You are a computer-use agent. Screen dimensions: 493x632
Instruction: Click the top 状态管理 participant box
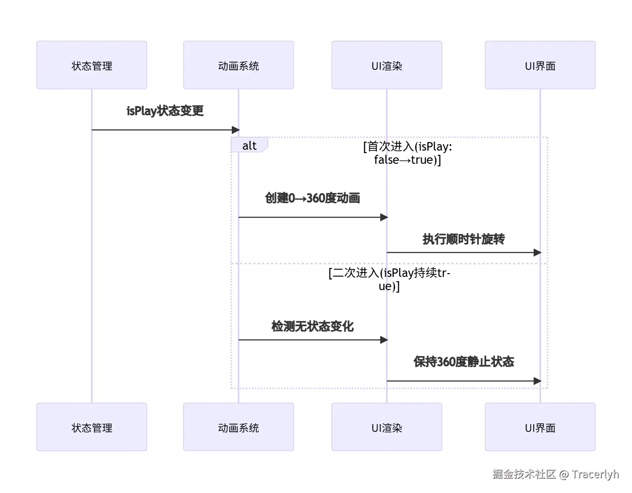pos(91,65)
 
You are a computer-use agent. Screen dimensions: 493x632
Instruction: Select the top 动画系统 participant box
pos(238,65)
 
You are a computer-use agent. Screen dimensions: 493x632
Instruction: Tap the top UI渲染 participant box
pos(387,65)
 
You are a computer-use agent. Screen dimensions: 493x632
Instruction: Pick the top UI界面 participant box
pos(540,65)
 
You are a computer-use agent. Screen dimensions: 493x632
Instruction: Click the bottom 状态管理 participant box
pos(91,427)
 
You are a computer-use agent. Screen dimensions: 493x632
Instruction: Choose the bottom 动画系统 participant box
pos(238,427)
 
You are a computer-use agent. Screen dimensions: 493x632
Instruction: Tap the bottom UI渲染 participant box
pos(387,427)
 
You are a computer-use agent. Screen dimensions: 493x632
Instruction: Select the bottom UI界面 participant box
pos(540,427)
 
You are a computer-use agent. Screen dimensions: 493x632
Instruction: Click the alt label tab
pos(249,145)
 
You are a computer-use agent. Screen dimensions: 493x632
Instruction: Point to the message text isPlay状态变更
pos(165,111)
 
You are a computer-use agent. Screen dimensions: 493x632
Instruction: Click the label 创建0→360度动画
pos(312,198)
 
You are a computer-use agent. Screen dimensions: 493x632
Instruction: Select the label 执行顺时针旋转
pos(463,239)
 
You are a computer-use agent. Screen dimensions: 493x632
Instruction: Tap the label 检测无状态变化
pos(312,326)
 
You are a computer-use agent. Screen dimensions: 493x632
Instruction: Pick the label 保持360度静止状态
pos(463,362)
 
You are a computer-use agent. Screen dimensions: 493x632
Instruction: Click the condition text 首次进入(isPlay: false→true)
pos(407,153)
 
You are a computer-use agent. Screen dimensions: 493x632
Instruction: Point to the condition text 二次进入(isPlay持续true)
pos(389,279)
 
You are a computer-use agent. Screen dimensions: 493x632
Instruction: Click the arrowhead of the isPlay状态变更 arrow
pos(236,130)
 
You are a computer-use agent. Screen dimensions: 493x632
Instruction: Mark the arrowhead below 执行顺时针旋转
pos(537,253)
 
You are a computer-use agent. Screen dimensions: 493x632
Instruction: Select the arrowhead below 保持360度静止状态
pos(537,381)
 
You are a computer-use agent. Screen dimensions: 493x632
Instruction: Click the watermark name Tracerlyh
pos(595,474)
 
